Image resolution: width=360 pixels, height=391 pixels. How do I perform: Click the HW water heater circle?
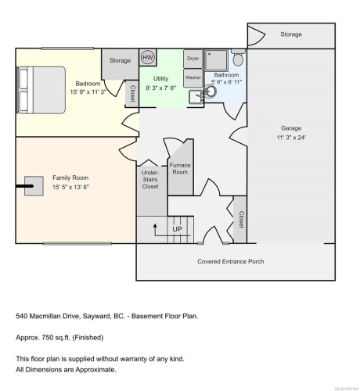pos(148,58)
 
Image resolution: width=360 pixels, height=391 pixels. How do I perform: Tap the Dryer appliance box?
pos(193,59)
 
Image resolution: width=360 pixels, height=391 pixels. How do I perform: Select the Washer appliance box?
pos(193,77)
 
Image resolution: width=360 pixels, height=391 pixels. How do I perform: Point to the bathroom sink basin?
pos(211,91)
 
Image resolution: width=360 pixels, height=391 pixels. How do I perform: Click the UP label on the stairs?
pos(177,229)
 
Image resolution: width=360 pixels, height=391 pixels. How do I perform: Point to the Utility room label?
pos(161,79)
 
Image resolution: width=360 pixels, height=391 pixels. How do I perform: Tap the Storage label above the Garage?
pos(291,35)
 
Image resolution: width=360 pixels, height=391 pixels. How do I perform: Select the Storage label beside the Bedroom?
pos(120,60)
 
